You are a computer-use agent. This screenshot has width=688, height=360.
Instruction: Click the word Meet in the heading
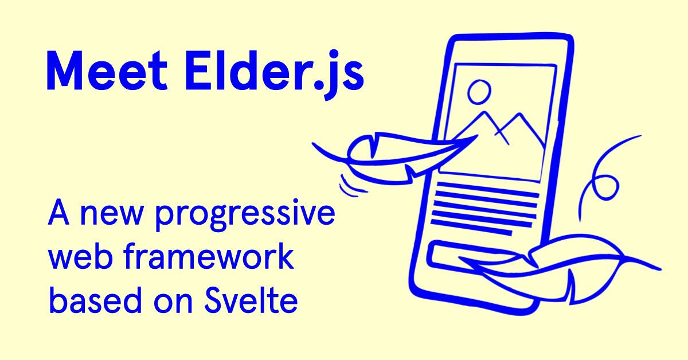[x=107, y=70]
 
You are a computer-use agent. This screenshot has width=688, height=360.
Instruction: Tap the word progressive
[x=245, y=214]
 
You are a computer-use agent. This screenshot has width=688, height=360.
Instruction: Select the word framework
[x=209, y=256]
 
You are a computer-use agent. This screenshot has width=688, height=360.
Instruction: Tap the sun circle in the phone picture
[x=479, y=92]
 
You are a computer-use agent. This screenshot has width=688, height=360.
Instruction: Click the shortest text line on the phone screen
[x=471, y=228]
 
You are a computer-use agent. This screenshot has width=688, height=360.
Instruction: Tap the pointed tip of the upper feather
[x=477, y=135]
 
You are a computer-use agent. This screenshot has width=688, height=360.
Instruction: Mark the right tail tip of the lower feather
[x=660, y=269]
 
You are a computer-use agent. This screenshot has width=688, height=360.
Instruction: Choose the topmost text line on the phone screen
[x=488, y=190]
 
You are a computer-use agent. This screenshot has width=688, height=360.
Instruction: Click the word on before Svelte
[x=173, y=303]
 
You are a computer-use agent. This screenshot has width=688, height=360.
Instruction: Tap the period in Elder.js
[x=319, y=84]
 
